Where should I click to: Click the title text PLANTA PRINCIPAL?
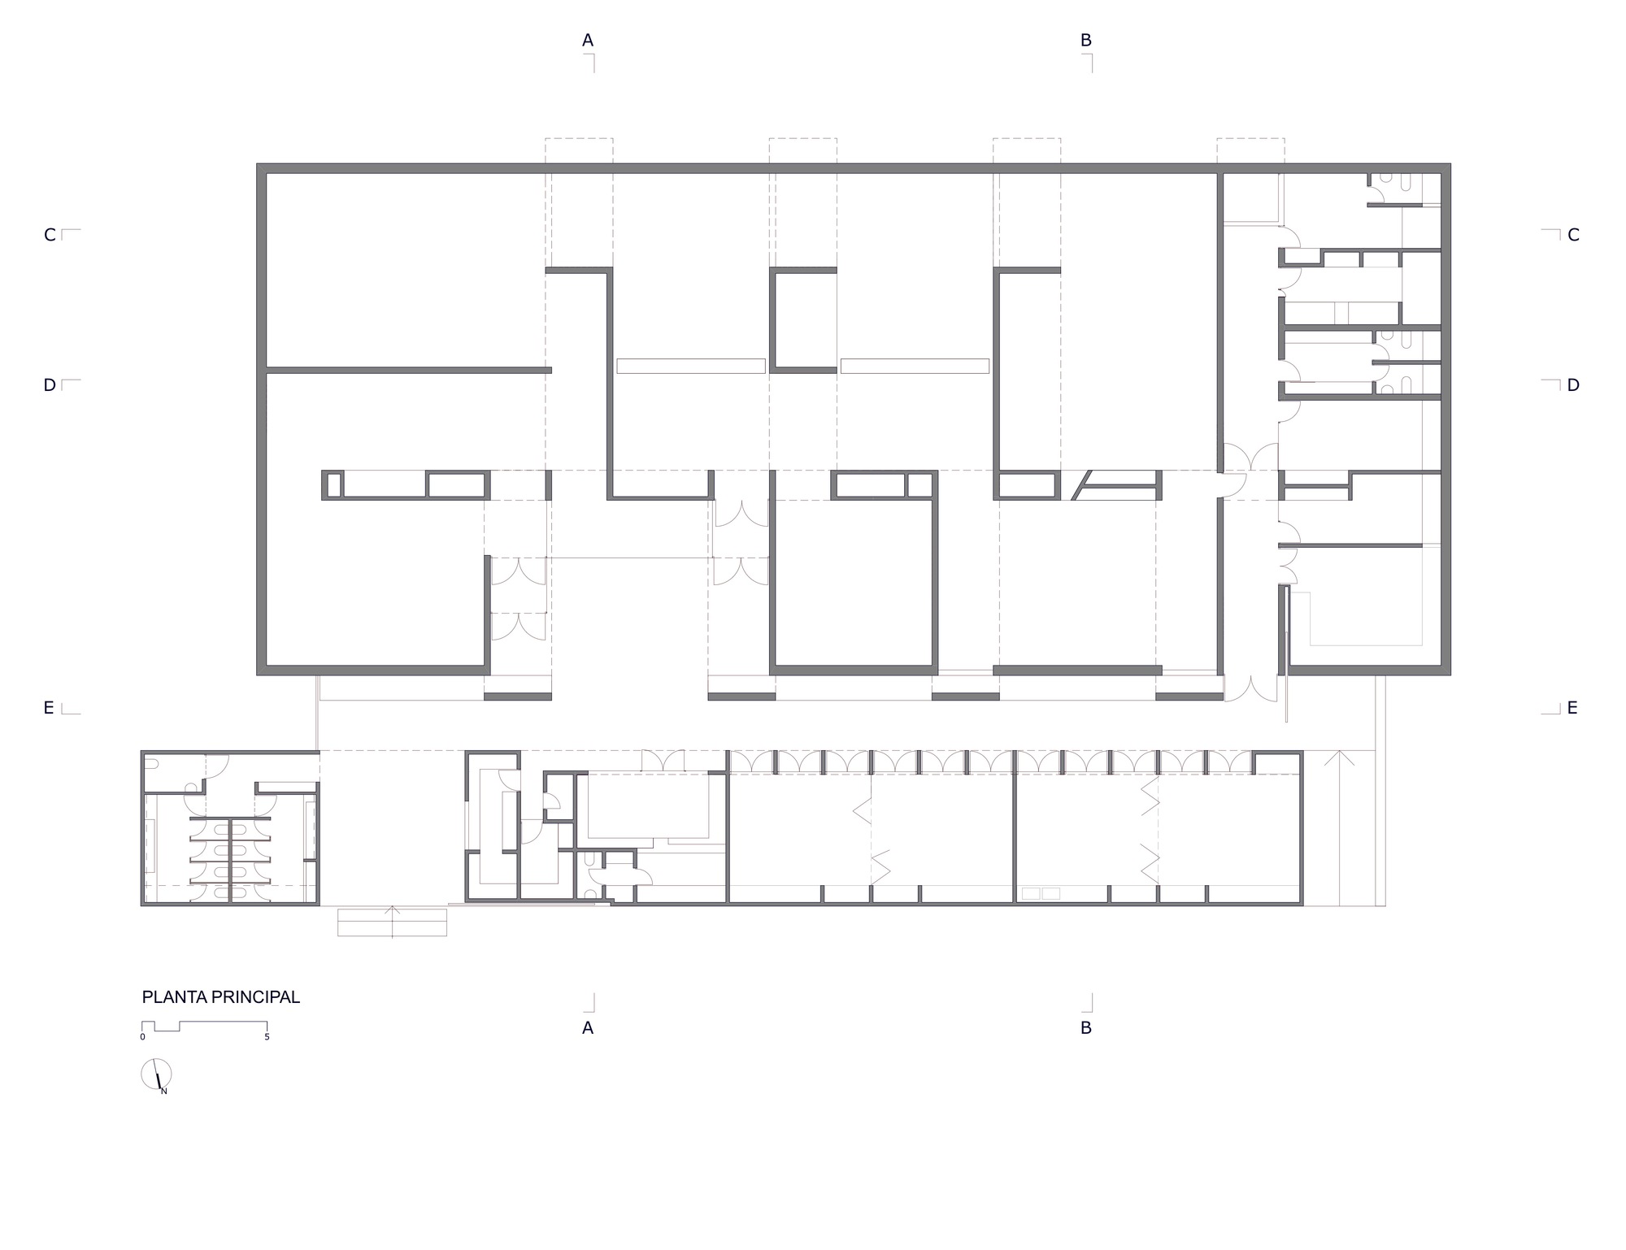[x=220, y=997]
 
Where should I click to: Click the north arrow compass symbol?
[x=156, y=1074]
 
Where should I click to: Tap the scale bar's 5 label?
[x=267, y=1037]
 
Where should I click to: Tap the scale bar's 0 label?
[x=142, y=1037]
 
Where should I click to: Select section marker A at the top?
[x=588, y=41]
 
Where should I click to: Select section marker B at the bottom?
[x=1085, y=1028]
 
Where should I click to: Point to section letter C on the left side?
[x=50, y=235]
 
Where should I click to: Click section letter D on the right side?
[x=1573, y=385]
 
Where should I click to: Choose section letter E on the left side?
[x=49, y=708]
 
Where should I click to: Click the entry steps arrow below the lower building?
[x=393, y=922]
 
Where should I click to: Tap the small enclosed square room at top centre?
[x=803, y=321]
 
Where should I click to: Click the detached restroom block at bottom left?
[x=230, y=829]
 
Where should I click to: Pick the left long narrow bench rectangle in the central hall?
[x=690, y=366]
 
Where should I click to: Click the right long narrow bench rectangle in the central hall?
[x=915, y=366]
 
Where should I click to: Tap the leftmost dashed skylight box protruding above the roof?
[x=579, y=152]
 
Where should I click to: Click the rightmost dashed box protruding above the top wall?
[x=1250, y=152]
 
